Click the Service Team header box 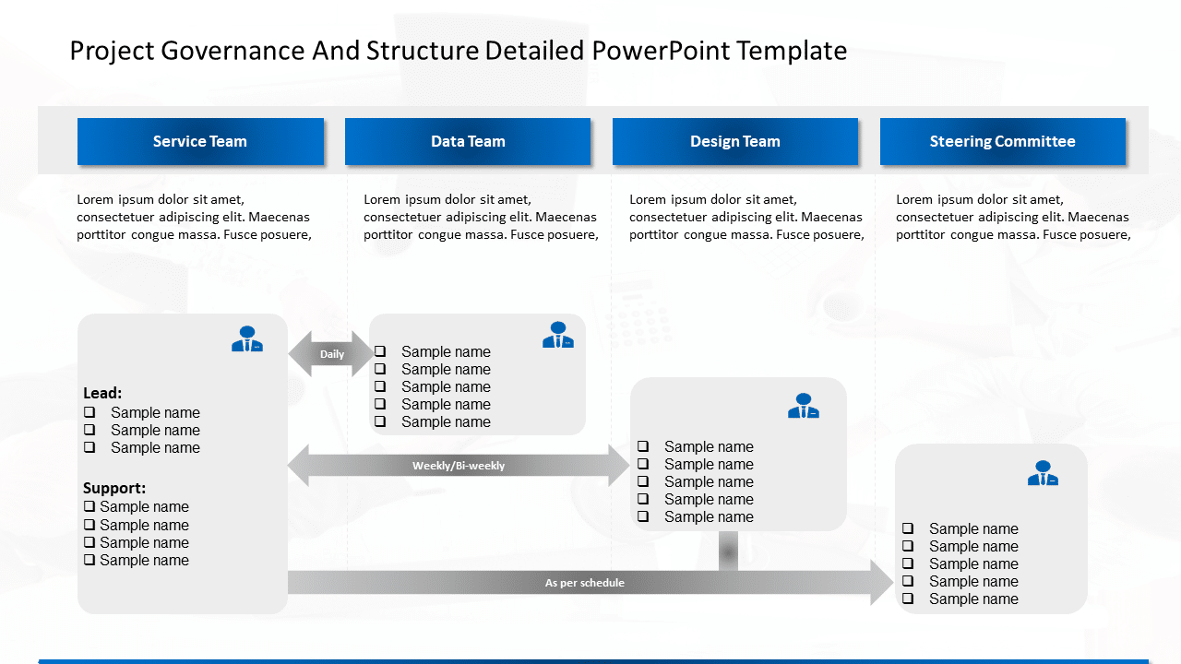(200, 142)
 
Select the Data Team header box (468, 142)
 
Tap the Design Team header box (735, 142)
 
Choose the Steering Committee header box (1003, 142)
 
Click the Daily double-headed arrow (331, 354)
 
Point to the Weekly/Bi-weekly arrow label (459, 466)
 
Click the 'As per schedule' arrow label (584, 583)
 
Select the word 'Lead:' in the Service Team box (102, 393)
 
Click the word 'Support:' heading (114, 488)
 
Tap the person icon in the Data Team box (558, 336)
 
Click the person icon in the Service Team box (247, 339)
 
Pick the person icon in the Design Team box (804, 406)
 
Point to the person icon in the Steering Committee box (1043, 473)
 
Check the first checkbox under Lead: (89, 412)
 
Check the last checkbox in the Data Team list (380, 421)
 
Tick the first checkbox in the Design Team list (643, 446)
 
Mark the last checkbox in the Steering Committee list (908, 599)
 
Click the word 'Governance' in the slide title (232, 51)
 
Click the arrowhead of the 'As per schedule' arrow (881, 583)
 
